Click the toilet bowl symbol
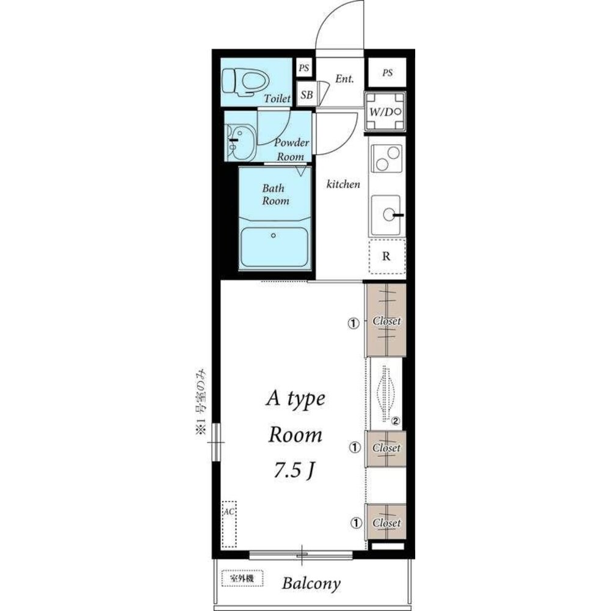[245, 82]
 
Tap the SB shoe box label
[307, 95]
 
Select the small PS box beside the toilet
[304, 68]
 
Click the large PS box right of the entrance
[387, 73]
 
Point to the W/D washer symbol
[385, 112]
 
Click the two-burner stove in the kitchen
[386, 158]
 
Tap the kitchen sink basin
[386, 214]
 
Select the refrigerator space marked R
[387, 257]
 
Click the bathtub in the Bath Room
[275, 246]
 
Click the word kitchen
[343, 184]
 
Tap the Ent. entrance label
[345, 79]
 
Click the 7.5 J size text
[294, 470]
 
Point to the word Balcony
[311, 584]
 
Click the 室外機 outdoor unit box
[242, 579]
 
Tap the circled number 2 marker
[396, 421]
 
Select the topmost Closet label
[387, 321]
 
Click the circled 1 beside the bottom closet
[356, 522]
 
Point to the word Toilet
[277, 98]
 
